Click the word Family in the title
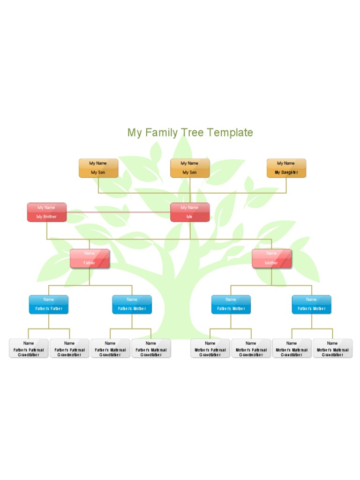click(x=161, y=133)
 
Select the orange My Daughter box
click(x=286, y=168)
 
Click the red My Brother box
click(x=47, y=212)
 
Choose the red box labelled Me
click(x=190, y=212)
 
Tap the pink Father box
click(x=90, y=258)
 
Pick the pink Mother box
click(x=271, y=258)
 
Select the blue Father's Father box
click(x=49, y=304)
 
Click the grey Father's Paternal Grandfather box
click(x=29, y=349)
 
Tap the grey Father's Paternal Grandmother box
click(x=69, y=349)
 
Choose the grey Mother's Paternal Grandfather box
click(x=210, y=349)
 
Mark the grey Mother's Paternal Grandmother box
click(x=251, y=349)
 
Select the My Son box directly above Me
click(x=190, y=168)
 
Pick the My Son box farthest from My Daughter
click(x=98, y=168)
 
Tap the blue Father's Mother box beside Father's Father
click(x=132, y=304)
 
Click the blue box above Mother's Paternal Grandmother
click(x=231, y=304)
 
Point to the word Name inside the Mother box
click(x=271, y=254)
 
